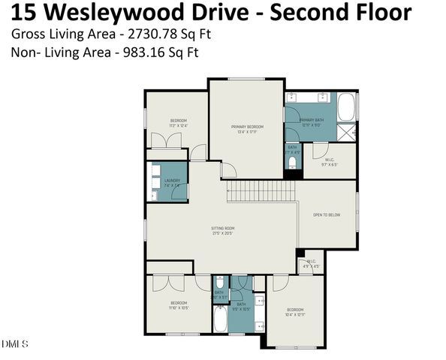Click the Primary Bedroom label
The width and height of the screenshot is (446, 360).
[x=247, y=127]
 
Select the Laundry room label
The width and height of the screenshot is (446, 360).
[x=172, y=181]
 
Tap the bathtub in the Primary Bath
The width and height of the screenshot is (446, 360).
[x=346, y=107]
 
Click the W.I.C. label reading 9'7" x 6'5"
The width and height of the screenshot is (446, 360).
[x=330, y=161]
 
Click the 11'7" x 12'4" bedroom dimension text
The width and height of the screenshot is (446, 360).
[x=178, y=126]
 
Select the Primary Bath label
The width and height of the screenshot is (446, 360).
[x=311, y=120]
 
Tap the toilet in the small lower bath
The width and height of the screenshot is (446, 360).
[x=219, y=283]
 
